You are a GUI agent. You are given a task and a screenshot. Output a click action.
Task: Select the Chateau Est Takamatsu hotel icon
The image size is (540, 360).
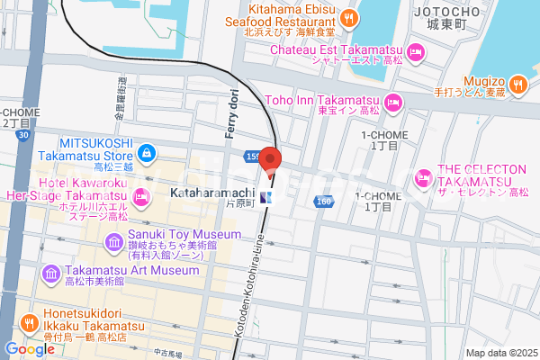(415, 52)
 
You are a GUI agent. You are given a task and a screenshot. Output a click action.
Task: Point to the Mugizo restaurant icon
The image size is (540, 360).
(517, 85)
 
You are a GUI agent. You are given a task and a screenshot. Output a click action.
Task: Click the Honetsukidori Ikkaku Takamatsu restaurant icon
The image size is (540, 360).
(29, 322)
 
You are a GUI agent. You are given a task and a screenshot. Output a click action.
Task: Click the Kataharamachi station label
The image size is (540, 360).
(211, 193)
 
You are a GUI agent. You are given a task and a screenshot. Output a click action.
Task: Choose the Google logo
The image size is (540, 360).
(30, 348)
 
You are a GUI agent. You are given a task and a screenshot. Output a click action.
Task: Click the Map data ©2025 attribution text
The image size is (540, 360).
(499, 352)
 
